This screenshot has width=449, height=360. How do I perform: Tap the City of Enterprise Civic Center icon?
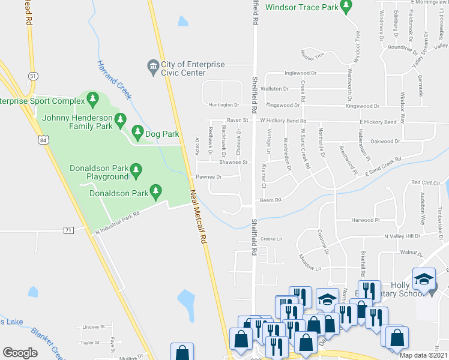pyautogui.click(x=152, y=65)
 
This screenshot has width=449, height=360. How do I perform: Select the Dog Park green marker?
pyautogui.click(x=137, y=131)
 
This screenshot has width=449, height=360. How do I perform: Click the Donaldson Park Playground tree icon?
pyautogui.click(x=136, y=171)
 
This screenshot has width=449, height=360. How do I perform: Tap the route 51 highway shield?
pyautogui.click(x=32, y=75)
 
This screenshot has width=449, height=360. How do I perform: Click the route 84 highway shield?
pyautogui.click(x=42, y=140)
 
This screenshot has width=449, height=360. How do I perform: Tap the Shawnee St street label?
pyautogui.click(x=234, y=162)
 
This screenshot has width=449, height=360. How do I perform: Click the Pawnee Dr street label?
pyautogui.click(x=209, y=177)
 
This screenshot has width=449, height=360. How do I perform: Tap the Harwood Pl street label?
pyautogui.click(x=366, y=221)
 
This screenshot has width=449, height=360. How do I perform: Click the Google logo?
pyautogui.click(x=20, y=352)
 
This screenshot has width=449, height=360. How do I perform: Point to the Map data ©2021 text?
pyautogui.click(x=423, y=355)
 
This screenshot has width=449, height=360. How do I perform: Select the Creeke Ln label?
pyautogui.click(x=271, y=239)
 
